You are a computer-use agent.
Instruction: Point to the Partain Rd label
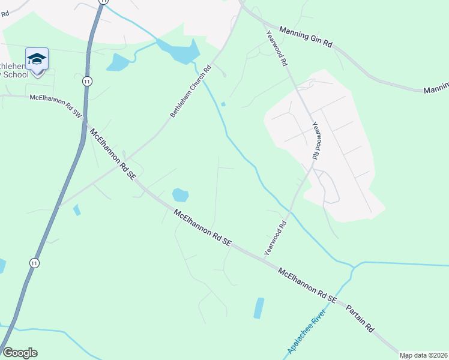coord(360,318)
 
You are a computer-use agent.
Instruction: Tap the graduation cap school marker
coord(37,59)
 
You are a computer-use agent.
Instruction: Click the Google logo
coord(20,353)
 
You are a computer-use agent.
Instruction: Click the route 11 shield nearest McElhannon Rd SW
coord(88,81)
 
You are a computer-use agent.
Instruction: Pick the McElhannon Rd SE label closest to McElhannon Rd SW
coord(112,154)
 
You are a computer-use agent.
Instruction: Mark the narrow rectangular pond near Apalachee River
coord(259,308)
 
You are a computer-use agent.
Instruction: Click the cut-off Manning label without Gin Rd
coord(436,90)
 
